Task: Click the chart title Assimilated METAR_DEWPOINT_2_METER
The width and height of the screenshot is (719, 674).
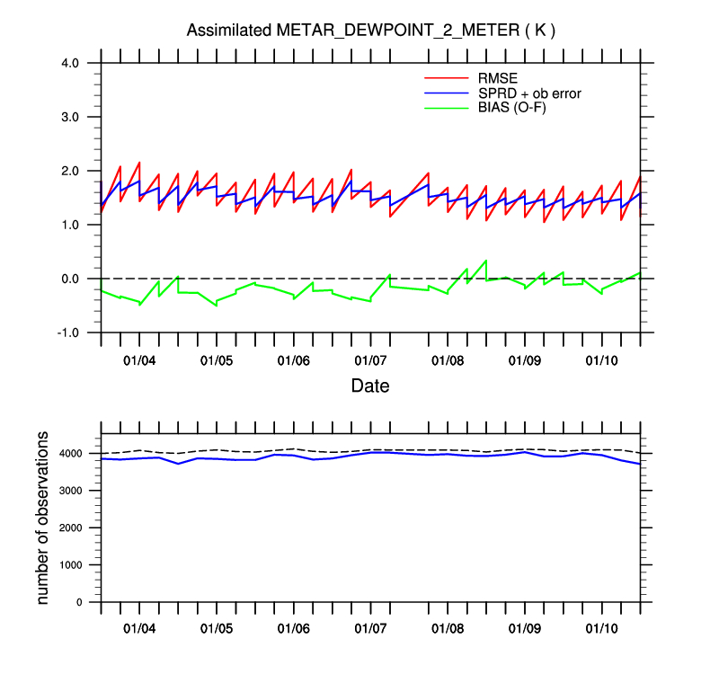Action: (x=370, y=31)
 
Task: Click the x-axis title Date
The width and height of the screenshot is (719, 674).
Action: (x=369, y=386)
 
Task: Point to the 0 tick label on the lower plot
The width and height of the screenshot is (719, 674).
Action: (x=90, y=602)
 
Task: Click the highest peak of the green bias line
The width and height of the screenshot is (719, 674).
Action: (x=486, y=261)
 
